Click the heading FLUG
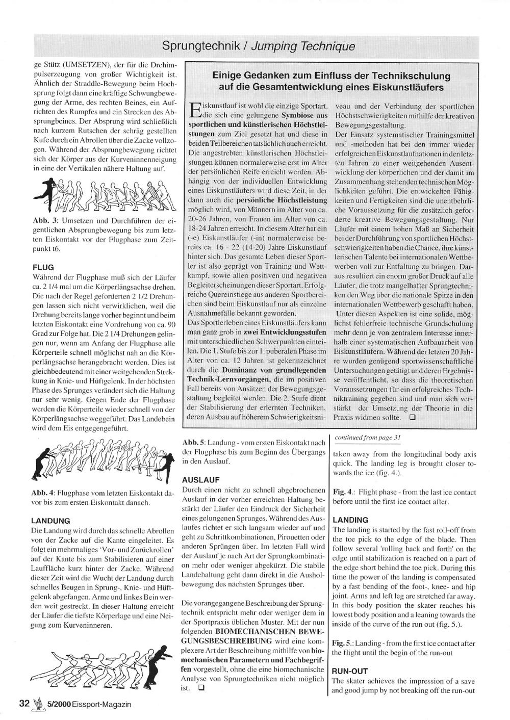[43, 267]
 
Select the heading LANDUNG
[50, 521]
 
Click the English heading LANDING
[350, 520]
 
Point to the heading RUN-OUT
[350, 671]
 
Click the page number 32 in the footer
[24, 704]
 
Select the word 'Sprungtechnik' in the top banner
[201, 46]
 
